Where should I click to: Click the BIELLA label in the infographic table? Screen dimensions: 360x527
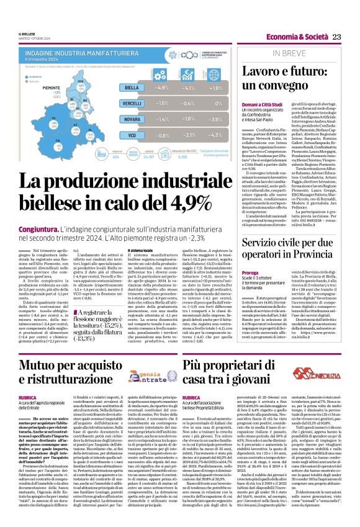coord(131,88)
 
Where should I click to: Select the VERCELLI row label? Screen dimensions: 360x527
coord(131,102)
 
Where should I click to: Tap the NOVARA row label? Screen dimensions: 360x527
coord(131,117)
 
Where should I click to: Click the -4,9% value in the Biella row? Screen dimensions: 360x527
coord(165,88)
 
